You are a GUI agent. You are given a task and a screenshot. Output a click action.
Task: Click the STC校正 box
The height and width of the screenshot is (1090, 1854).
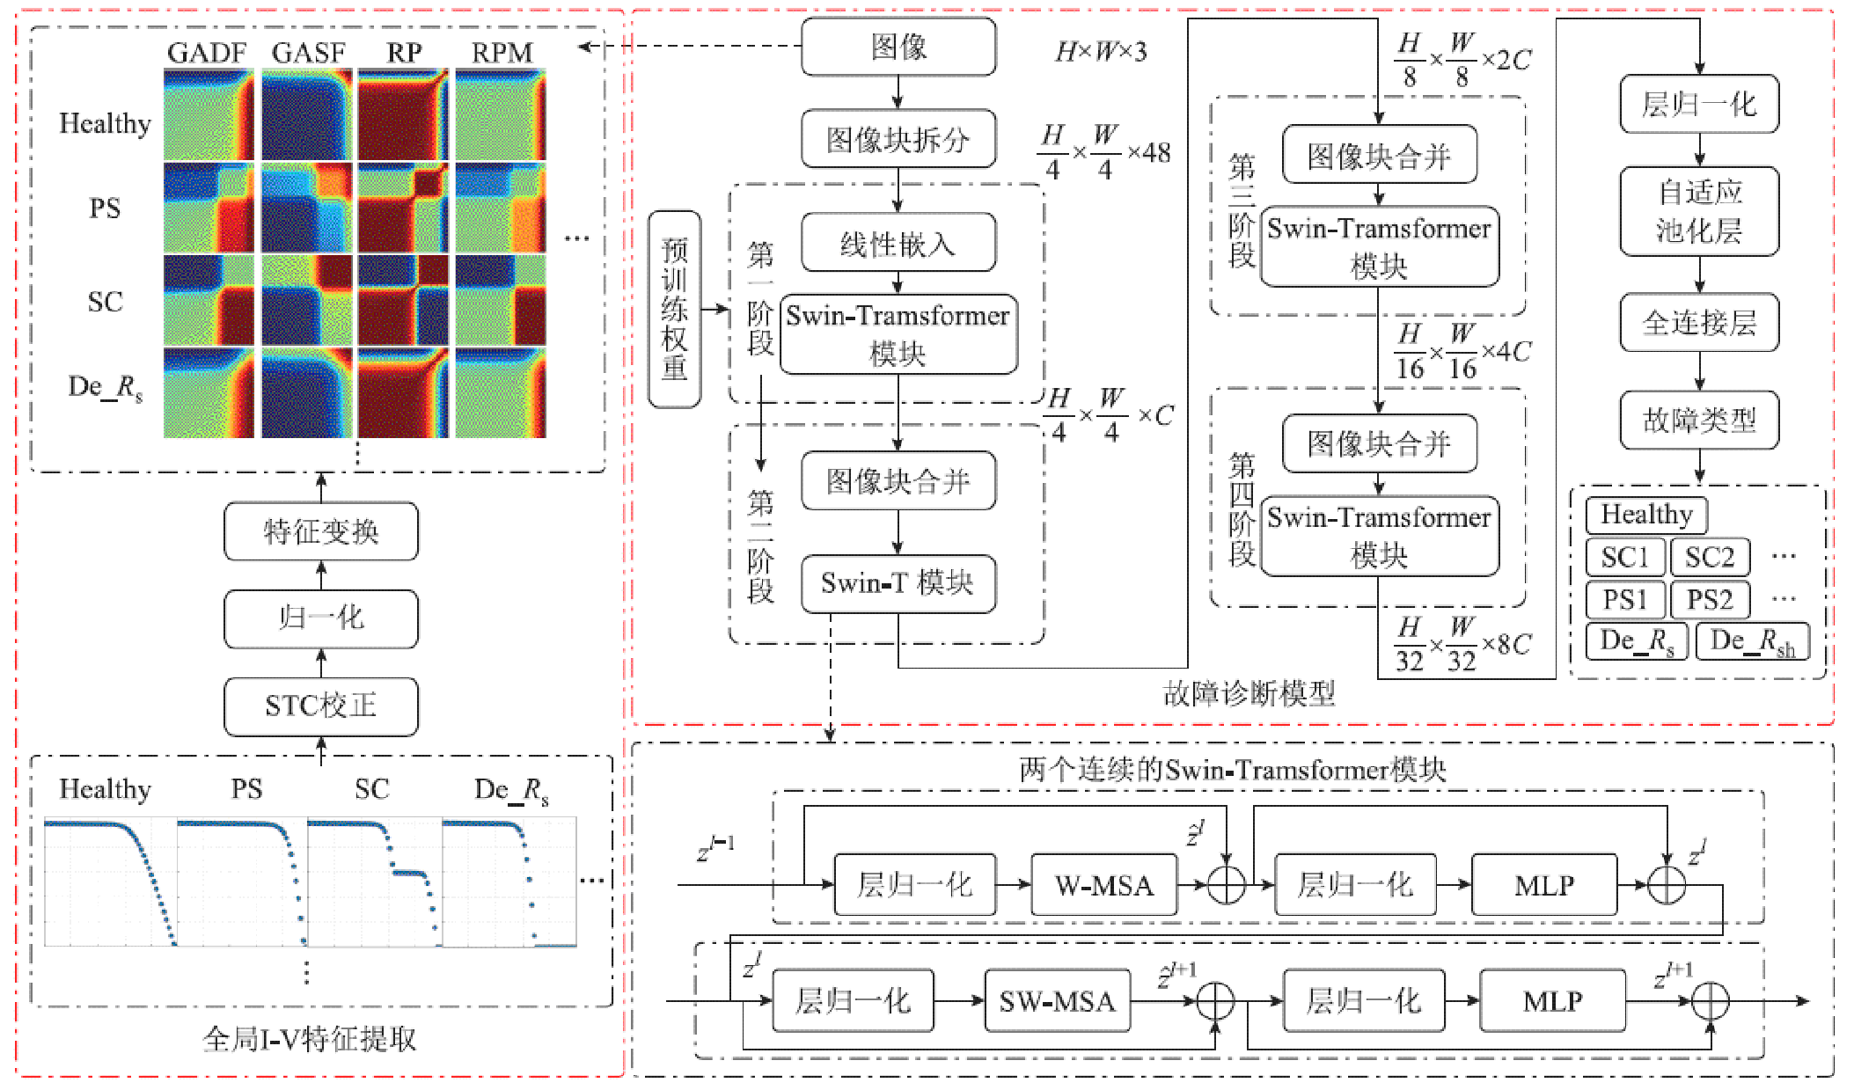[321, 706]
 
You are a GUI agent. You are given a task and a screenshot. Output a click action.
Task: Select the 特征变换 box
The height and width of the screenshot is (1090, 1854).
[321, 531]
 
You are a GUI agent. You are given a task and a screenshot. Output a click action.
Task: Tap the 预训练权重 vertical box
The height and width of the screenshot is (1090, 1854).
[675, 309]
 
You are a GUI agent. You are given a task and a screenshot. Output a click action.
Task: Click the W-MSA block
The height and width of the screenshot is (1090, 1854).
[1104, 885]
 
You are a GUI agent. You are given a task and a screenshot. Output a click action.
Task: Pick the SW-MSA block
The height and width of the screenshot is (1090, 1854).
[1057, 1001]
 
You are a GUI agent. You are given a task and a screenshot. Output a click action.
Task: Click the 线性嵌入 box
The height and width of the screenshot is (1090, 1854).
[898, 244]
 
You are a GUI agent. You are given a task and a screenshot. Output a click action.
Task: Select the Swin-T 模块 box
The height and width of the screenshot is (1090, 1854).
[898, 583]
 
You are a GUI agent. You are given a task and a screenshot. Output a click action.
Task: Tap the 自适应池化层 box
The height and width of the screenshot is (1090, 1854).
[1699, 211]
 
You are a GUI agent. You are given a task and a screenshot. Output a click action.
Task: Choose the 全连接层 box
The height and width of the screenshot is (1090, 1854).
[1699, 323]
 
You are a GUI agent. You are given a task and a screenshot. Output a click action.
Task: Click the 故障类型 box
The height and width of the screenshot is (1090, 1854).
[1699, 420]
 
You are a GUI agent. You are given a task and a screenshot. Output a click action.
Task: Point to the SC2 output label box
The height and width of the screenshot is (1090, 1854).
[1710, 557]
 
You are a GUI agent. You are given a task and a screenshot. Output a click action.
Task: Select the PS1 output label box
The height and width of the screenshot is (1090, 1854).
[1625, 599]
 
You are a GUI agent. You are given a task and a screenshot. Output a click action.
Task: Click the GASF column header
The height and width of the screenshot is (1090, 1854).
[308, 53]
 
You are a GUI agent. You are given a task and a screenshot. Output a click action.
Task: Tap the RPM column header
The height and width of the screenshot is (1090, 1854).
[502, 53]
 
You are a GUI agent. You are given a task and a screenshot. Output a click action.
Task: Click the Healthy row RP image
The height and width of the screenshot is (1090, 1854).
[403, 115]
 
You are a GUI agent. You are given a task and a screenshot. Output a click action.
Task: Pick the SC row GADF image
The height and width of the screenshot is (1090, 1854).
[209, 300]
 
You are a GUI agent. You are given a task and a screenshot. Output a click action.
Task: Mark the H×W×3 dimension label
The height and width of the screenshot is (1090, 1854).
[1101, 52]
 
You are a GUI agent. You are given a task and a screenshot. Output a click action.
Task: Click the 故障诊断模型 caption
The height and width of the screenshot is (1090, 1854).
[1249, 694]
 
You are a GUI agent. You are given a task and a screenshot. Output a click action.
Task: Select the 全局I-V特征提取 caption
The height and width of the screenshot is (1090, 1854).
[310, 1039]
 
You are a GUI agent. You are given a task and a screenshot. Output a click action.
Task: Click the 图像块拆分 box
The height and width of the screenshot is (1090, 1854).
[898, 139]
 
